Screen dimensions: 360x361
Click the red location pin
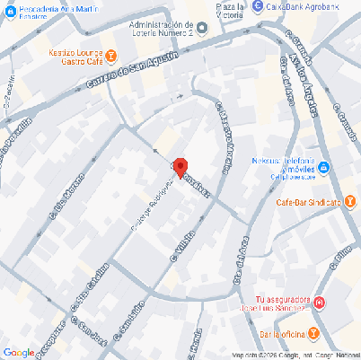180,167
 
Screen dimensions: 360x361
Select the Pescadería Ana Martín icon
4,8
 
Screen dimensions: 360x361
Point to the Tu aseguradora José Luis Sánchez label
282,304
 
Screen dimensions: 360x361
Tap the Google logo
18,352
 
